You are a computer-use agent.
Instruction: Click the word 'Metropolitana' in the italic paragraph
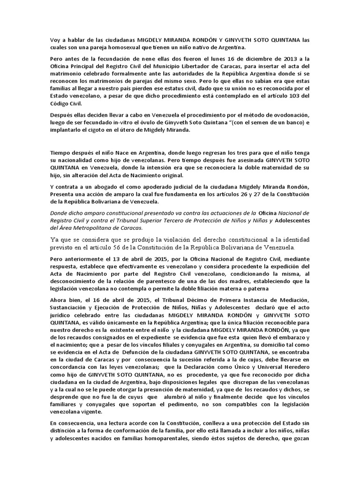click(101, 228)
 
